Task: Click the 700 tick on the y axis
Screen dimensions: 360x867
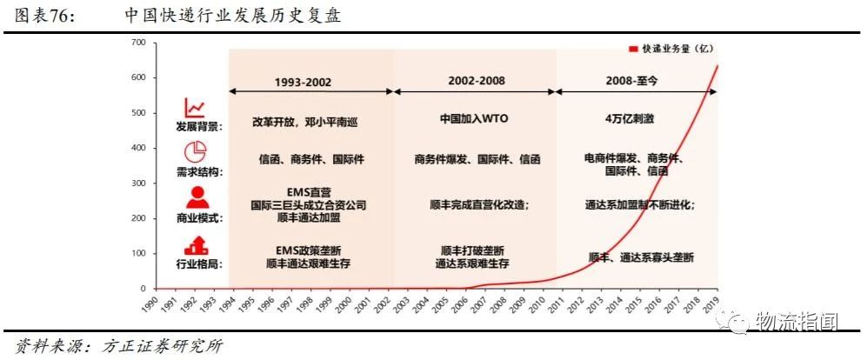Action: (138, 42)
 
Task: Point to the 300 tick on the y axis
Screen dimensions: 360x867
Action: (138, 183)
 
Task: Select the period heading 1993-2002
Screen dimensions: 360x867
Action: (303, 83)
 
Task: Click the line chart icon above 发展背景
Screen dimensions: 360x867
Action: (196, 108)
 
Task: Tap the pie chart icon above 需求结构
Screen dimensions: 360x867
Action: (196, 149)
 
